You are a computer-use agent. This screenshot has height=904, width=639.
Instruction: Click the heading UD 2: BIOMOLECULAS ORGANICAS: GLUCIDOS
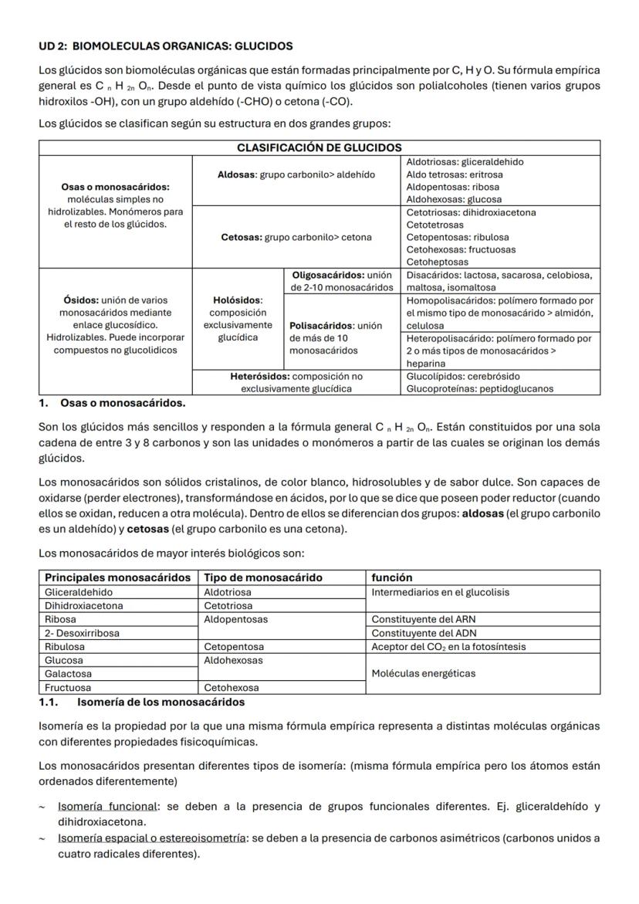point(165,46)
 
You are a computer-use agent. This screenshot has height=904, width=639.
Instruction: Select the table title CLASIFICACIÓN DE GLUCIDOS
point(319,147)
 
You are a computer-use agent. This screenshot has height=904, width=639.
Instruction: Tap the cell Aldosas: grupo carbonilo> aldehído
point(297,174)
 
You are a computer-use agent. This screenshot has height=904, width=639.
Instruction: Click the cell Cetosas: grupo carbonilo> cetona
point(296,237)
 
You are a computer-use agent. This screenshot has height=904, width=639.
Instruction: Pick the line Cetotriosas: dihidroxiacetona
point(471,212)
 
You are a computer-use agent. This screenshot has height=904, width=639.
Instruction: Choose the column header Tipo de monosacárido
point(262,577)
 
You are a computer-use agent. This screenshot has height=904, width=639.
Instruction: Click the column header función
point(392,577)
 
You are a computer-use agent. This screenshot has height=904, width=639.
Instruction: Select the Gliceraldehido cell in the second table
point(78,592)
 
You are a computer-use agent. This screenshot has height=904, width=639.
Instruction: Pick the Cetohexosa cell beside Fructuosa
point(232,687)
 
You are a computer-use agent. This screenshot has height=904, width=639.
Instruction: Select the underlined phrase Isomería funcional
point(107,807)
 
